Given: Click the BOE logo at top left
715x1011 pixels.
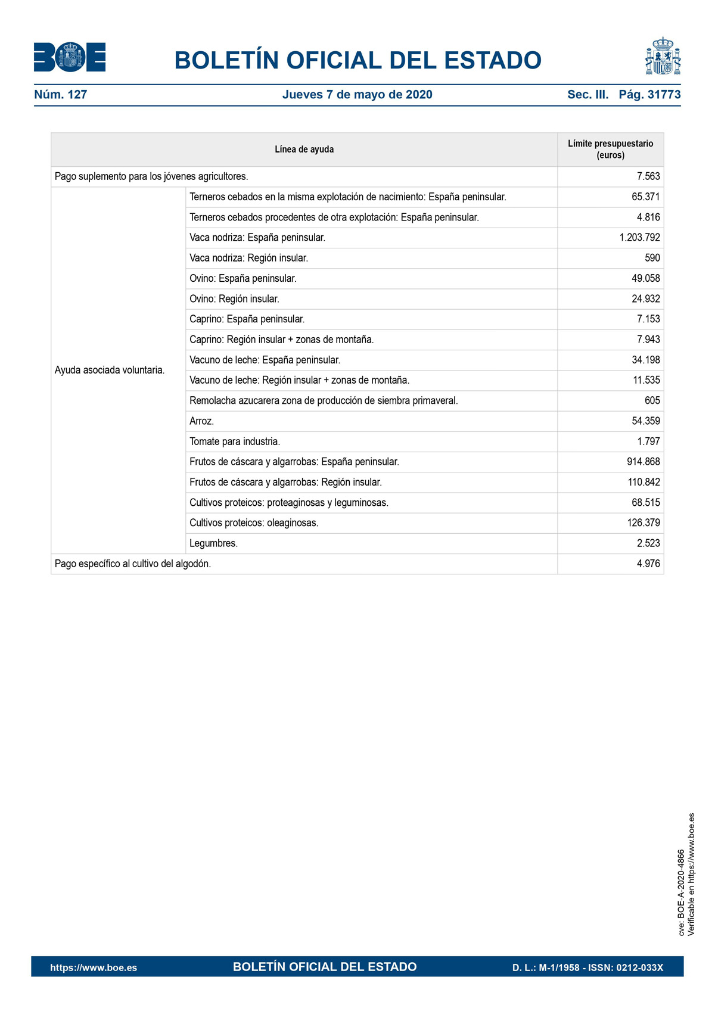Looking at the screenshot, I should coord(70,57).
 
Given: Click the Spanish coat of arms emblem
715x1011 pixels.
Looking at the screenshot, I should coord(663,56).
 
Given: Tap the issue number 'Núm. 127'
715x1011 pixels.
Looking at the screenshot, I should coord(61,95).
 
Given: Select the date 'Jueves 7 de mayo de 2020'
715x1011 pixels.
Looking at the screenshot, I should coord(357,95).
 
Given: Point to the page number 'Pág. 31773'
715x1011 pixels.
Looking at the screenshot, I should coord(649,95).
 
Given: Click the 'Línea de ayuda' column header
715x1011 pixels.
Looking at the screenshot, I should coord(304,150).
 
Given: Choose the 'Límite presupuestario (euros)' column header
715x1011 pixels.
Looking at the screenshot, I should coord(610,150).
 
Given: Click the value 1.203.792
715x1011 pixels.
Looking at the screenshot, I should coord(639,238).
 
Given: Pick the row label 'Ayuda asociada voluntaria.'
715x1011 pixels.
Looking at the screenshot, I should coord(110,370).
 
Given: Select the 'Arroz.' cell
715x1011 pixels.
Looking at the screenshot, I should coord(202,421).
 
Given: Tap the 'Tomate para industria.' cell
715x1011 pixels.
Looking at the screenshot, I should coord(235,441).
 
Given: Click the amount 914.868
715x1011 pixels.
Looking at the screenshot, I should coord(643,462).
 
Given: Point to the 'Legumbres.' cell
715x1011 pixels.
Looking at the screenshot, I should coord(213,543).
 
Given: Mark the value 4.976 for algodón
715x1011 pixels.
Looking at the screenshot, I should coord(648,564).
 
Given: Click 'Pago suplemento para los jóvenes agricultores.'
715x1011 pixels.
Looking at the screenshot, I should coord(151,176).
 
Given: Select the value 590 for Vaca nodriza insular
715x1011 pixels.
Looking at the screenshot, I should coord(652,258).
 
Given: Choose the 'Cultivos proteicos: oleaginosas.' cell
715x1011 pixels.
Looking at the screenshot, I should coord(254,523).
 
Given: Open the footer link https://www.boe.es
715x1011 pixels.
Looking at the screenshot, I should coord(94,968).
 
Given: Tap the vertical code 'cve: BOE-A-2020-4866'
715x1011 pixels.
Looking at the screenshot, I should coord(682,892).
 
